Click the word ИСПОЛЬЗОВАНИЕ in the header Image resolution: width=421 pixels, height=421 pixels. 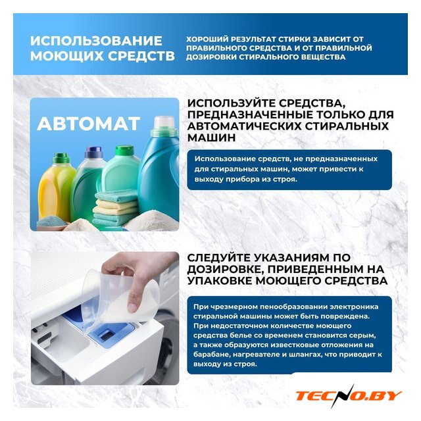coord(96,41)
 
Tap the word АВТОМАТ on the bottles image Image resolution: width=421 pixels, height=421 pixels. coord(89,124)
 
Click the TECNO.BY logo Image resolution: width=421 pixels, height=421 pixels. coord(348,395)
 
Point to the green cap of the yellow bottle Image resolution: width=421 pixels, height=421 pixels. coord(61,159)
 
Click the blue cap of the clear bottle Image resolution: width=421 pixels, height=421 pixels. coord(93,153)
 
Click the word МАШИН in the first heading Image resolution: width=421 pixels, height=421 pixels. coord(212,137)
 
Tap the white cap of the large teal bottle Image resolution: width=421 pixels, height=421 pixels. coord(164,122)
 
